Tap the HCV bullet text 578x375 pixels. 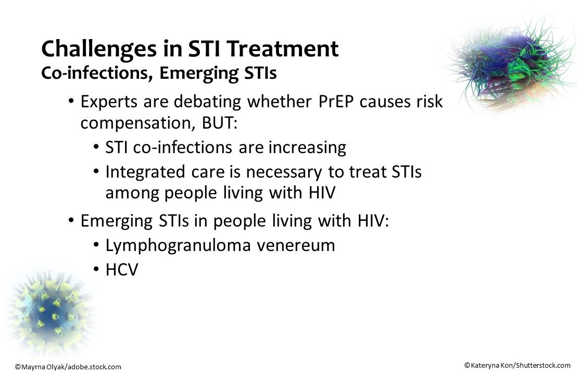click(x=121, y=270)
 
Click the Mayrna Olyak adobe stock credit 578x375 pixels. click(x=68, y=367)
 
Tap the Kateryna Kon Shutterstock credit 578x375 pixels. click(x=517, y=365)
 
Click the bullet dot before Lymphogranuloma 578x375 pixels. click(x=96, y=246)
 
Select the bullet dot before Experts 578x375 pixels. click(x=71, y=102)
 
